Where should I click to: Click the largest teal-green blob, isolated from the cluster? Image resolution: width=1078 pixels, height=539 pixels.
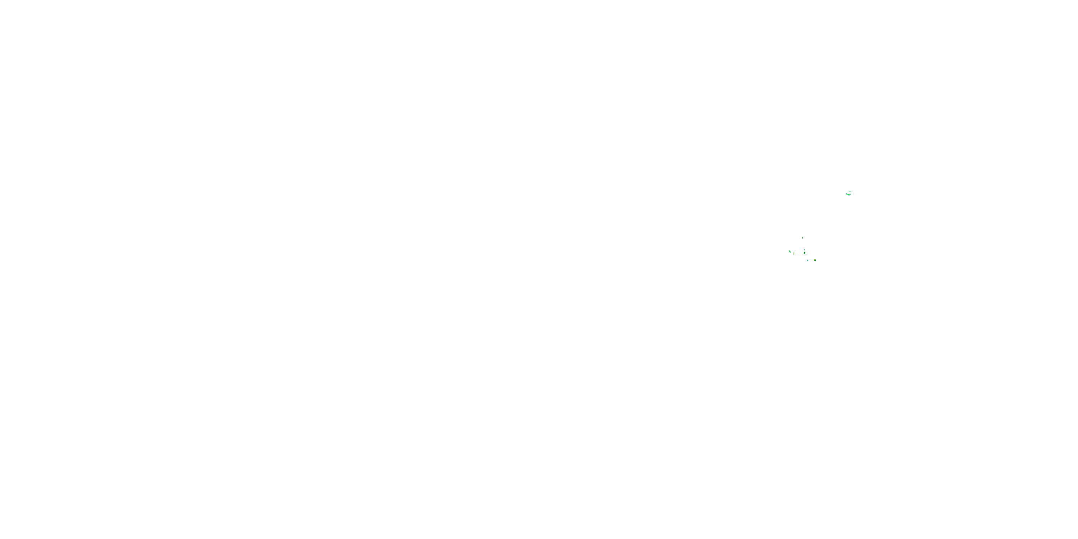pyautogui.click(x=849, y=195)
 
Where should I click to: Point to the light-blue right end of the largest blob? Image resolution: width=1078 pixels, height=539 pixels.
pyautogui.click(x=851, y=194)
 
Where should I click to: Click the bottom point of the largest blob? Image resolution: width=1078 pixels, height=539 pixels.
pyautogui.click(x=849, y=195)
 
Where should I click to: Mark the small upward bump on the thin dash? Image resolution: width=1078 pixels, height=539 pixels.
pyautogui.click(x=850, y=191)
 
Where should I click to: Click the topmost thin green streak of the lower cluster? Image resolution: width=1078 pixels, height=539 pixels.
pyautogui.click(x=803, y=238)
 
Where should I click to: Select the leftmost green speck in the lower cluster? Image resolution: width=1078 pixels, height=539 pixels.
pyautogui.click(x=790, y=252)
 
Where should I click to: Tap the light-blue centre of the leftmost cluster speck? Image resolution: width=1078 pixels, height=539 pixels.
pyautogui.click(x=791, y=252)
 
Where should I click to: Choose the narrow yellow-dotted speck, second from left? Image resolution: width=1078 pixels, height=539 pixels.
pyautogui.click(x=794, y=254)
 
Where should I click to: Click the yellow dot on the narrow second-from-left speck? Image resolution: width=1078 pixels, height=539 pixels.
pyautogui.click(x=794, y=254)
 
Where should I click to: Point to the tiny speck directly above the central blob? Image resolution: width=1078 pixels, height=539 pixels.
pyautogui.click(x=805, y=250)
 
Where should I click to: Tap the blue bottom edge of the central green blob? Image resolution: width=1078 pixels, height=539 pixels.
pyautogui.click(x=805, y=254)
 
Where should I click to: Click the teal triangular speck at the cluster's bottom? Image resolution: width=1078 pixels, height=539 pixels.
pyautogui.click(x=808, y=261)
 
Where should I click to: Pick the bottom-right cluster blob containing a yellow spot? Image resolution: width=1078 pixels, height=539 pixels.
pyautogui.click(x=815, y=260)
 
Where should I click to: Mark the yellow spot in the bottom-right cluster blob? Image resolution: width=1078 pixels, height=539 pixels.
pyautogui.click(x=815, y=260)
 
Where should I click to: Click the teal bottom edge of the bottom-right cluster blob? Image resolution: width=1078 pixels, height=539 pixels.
pyautogui.click(x=815, y=261)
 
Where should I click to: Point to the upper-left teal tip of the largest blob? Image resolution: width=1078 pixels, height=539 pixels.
pyautogui.click(x=847, y=194)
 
